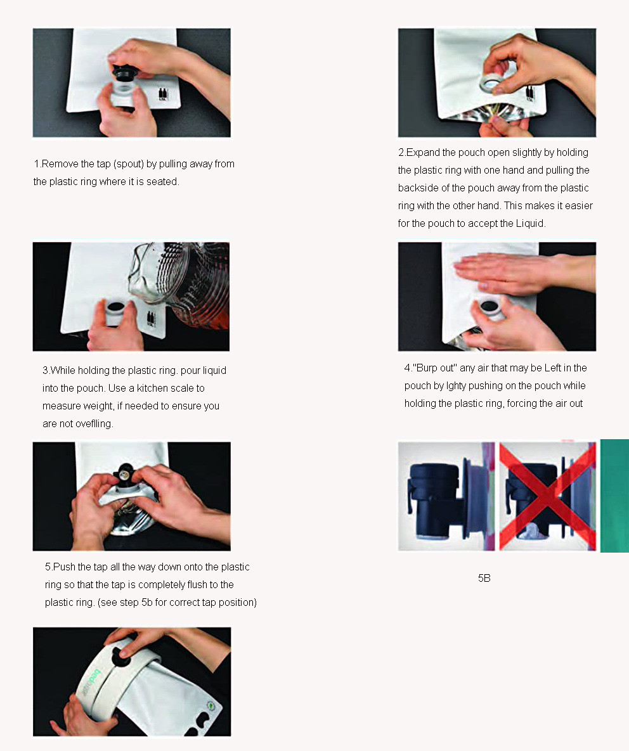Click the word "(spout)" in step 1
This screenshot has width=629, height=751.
(x=128, y=164)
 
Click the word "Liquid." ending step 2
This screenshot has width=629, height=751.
(x=530, y=223)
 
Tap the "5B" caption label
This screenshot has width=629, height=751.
(x=484, y=578)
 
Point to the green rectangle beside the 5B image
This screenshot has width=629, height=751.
(x=614, y=496)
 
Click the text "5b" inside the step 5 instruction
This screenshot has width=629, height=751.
(x=147, y=602)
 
